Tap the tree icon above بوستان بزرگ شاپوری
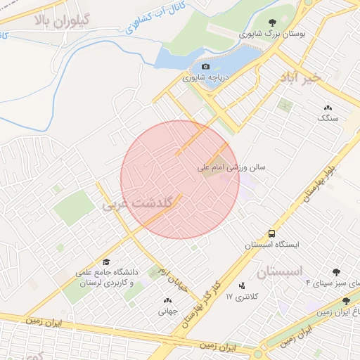[x=272, y=22]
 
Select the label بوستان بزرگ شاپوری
[x=264, y=34]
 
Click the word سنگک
[x=328, y=118]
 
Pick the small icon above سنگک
[x=328, y=107]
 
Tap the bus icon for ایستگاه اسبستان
[x=271, y=233]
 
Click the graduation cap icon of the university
[x=106, y=262]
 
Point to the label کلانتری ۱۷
[x=239, y=298]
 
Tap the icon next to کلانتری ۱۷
[x=243, y=286]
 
